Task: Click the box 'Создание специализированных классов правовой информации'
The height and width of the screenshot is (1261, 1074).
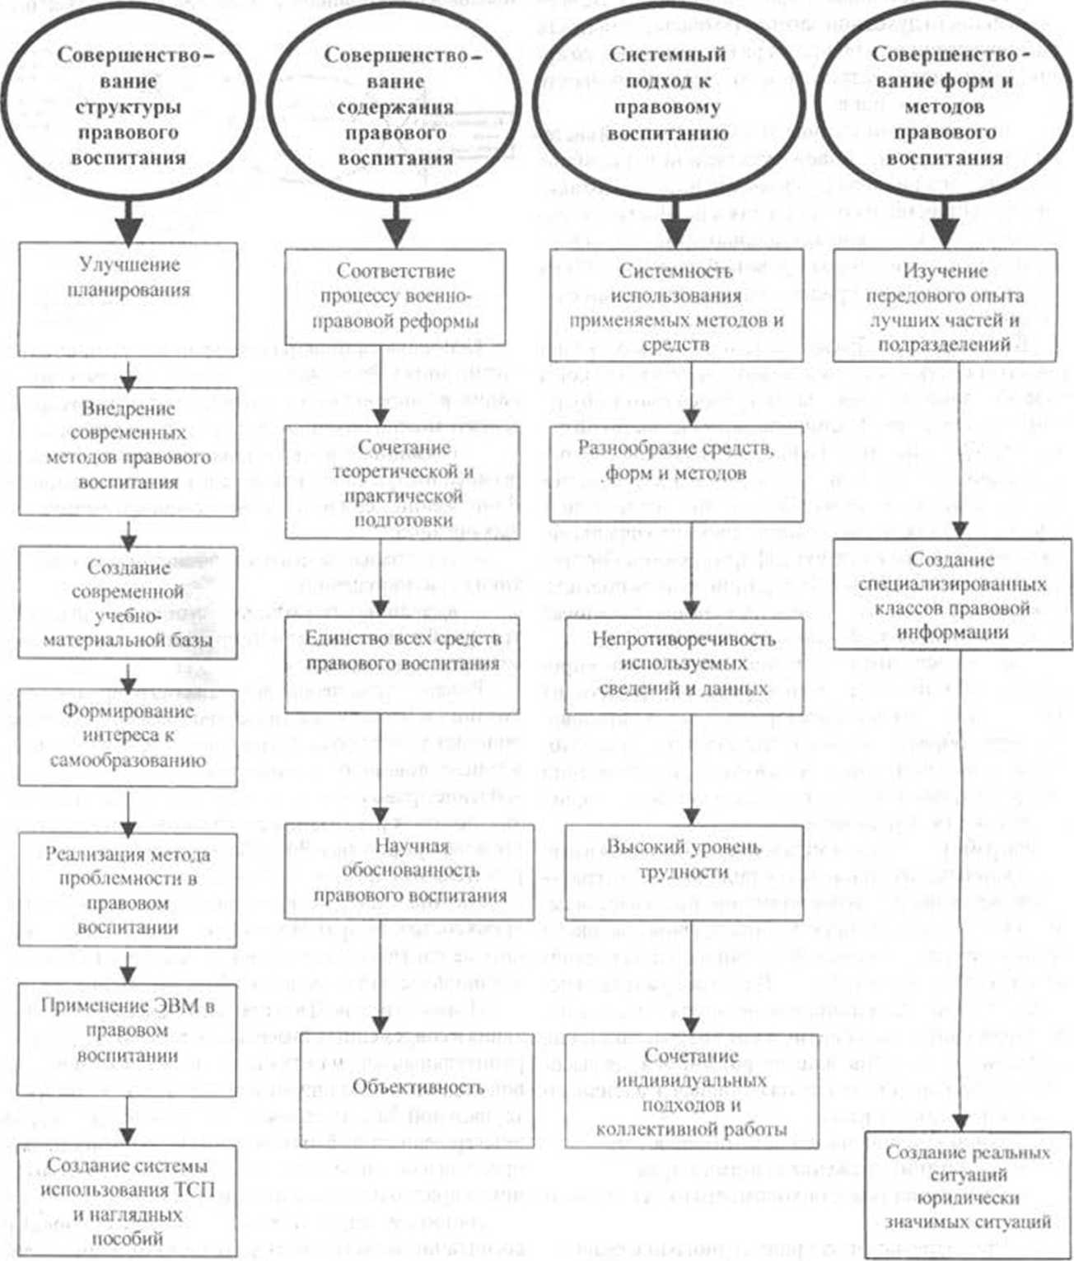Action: click(951, 595)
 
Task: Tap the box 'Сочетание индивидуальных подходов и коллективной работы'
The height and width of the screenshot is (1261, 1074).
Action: click(690, 1091)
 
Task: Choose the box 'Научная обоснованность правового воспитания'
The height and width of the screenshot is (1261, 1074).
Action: click(409, 871)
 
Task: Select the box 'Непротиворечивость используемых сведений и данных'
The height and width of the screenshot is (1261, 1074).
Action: click(684, 664)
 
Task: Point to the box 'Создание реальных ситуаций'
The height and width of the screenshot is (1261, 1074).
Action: click(968, 1187)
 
